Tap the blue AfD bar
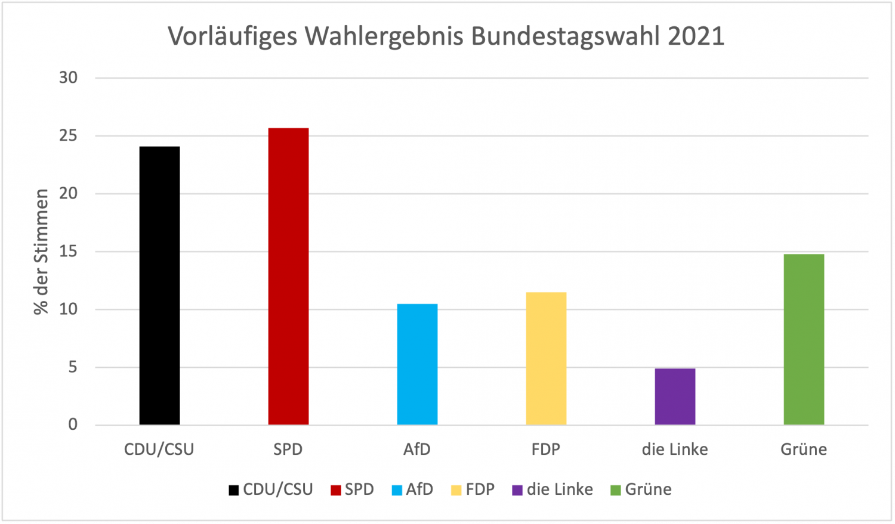pyautogui.click(x=417, y=364)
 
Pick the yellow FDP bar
pyautogui.click(x=546, y=358)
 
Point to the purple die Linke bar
pyautogui.click(x=675, y=396)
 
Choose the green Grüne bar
pyautogui.click(x=804, y=339)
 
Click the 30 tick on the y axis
pyautogui.click(x=69, y=77)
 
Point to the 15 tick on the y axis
pyautogui.click(x=69, y=252)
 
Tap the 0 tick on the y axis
pyautogui.click(x=73, y=424)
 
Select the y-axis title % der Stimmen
pyautogui.click(x=41, y=252)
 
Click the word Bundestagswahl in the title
pyautogui.click(x=566, y=36)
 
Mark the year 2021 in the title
pyautogui.click(x=696, y=36)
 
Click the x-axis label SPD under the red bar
pyautogui.click(x=288, y=449)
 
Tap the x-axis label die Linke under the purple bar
pyautogui.click(x=675, y=449)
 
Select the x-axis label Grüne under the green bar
pyautogui.click(x=804, y=449)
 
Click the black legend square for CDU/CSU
pyautogui.click(x=234, y=491)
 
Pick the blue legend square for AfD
pyautogui.click(x=397, y=491)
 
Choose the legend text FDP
pyautogui.click(x=480, y=489)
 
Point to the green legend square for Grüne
pyautogui.click(x=616, y=491)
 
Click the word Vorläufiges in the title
pyautogui.click(x=232, y=36)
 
